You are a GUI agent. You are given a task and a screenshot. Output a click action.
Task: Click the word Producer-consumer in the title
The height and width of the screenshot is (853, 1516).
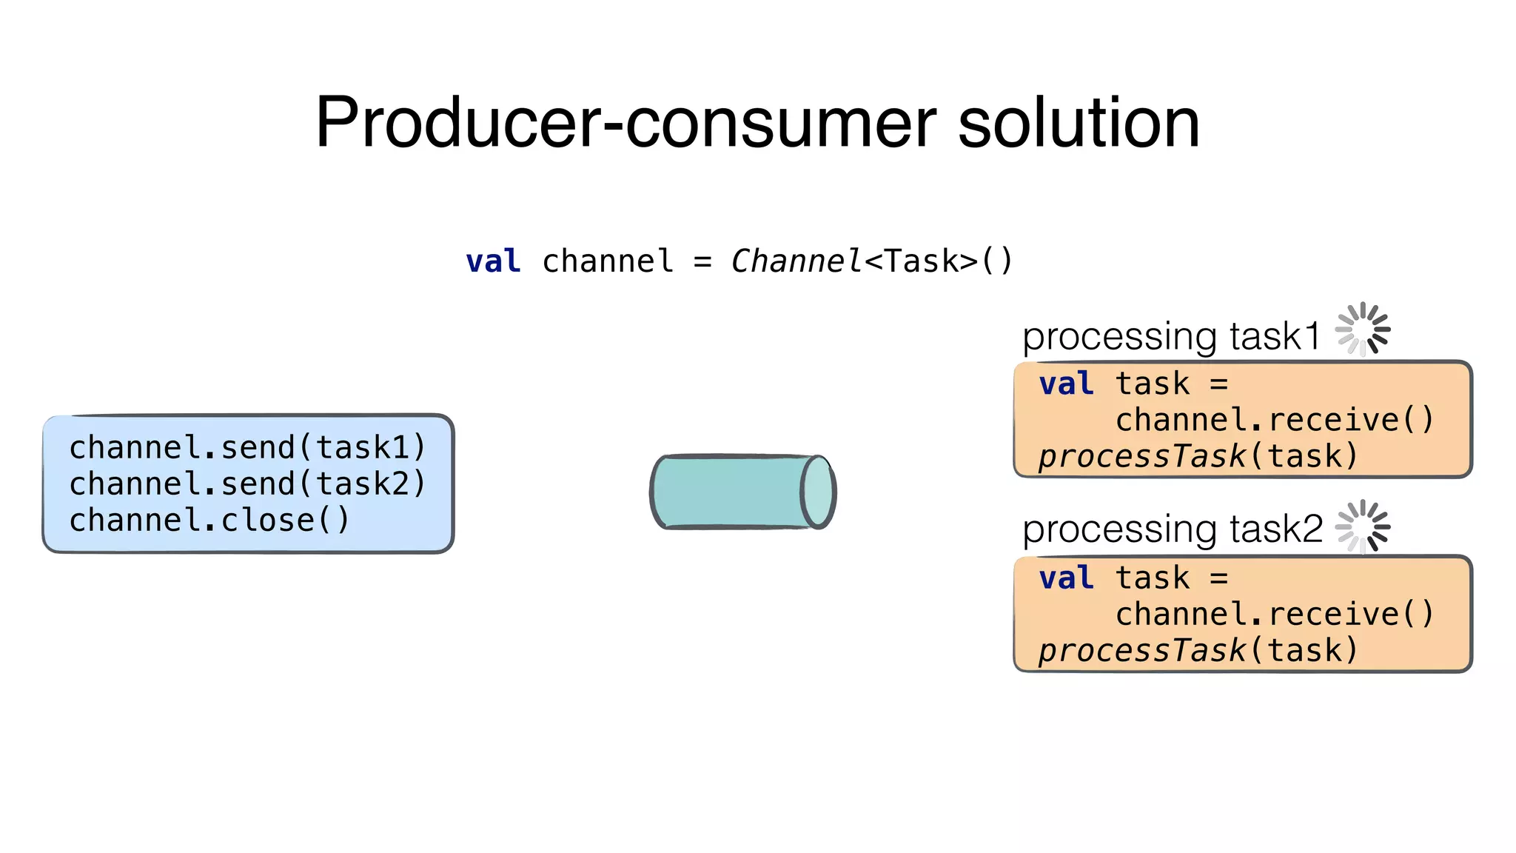coord(625,123)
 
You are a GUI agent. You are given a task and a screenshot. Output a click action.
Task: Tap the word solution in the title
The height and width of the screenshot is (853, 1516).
coord(1079,123)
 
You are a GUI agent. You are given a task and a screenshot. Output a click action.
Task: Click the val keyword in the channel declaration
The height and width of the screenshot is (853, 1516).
coord(493,261)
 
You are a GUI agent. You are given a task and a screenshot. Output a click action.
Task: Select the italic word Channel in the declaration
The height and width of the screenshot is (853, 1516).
coord(796,261)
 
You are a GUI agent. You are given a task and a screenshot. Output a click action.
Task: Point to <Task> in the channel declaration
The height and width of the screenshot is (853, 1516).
coord(921,261)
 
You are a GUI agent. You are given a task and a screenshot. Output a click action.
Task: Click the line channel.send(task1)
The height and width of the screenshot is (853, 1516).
coord(247,447)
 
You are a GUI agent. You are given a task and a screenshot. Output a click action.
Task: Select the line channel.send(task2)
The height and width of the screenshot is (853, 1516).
coord(247,484)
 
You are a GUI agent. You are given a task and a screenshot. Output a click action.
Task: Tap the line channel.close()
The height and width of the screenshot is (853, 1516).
coord(209,520)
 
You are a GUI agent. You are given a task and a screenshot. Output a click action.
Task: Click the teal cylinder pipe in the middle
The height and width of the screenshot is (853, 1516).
coord(729,492)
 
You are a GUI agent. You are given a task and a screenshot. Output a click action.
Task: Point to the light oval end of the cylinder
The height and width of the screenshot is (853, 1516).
coord(818,492)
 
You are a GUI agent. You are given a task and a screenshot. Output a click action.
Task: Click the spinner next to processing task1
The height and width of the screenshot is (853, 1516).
coord(1363,330)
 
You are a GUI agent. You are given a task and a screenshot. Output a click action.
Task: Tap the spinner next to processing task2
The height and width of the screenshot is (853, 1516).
coord(1363,526)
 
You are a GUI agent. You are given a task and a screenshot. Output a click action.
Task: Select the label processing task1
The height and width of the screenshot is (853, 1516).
coord(1171,337)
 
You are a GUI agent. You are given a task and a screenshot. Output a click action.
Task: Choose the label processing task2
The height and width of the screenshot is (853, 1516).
coord(1173,529)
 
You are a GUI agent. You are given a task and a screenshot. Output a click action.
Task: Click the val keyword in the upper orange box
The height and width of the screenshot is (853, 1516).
coord(1066,384)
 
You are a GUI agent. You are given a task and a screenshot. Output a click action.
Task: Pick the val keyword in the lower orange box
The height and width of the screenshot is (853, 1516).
coord(1066,578)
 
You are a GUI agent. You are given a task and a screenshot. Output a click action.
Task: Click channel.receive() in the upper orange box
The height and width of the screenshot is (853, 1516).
coord(1274,420)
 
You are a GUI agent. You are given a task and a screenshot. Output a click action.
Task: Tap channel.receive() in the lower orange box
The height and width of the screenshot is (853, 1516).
coord(1274,614)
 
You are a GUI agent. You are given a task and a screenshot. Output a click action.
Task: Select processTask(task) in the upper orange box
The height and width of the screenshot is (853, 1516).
coord(1198,456)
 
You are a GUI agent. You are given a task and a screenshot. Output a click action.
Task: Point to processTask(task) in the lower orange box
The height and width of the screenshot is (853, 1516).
coord(1198,650)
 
